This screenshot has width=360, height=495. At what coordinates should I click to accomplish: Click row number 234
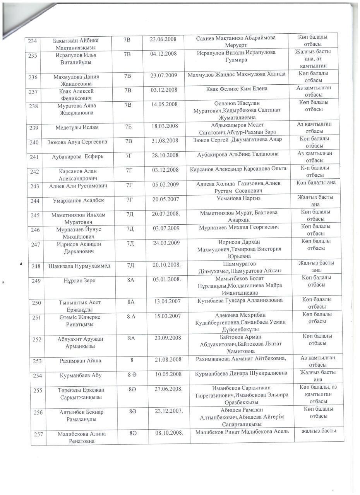click(x=33, y=41)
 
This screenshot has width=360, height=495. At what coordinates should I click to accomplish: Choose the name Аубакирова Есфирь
click(x=78, y=157)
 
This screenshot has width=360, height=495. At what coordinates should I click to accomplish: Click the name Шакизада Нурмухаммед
click(x=79, y=266)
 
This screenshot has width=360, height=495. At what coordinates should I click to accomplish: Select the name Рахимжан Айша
click(x=81, y=360)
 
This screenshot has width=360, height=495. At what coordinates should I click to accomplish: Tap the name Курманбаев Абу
click(x=81, y=375)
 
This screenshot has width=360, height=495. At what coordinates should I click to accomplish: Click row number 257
click(x=38, y=434)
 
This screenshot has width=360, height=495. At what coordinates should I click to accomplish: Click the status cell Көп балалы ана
click(x=316, y=183)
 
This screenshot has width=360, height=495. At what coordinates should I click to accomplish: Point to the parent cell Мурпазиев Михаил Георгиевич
click(x=239, y=227)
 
